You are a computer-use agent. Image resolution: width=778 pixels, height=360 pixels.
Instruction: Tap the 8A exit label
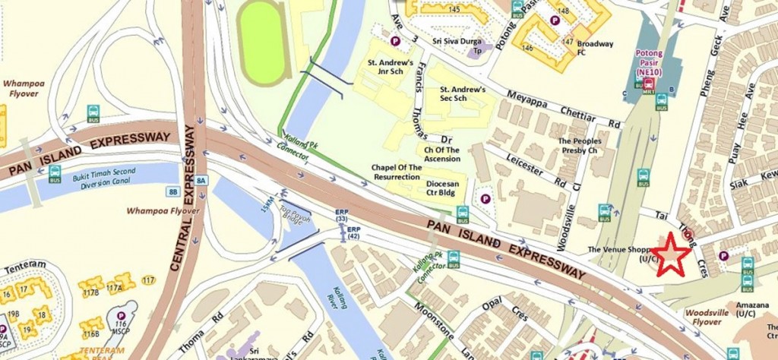[201, 180]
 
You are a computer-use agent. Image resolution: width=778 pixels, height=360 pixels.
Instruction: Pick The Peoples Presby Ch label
[580, 146]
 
